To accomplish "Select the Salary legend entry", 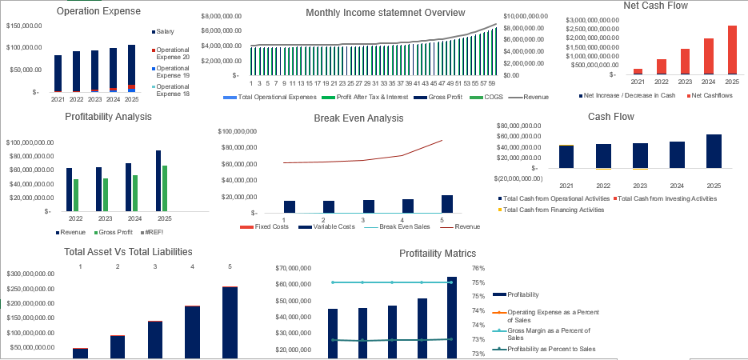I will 166,31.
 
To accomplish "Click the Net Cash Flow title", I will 655,6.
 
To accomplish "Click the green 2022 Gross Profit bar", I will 76,194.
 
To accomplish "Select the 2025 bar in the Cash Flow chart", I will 714,152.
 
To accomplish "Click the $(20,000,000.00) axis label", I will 518,178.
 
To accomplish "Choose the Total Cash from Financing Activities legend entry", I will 551,210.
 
